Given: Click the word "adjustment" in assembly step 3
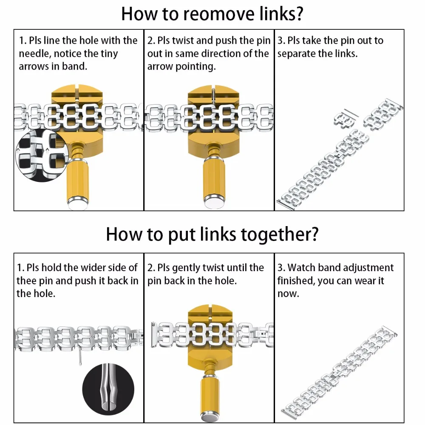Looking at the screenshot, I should [x=368, y=268].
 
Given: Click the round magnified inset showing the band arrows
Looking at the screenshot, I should [x=42, y=152].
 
